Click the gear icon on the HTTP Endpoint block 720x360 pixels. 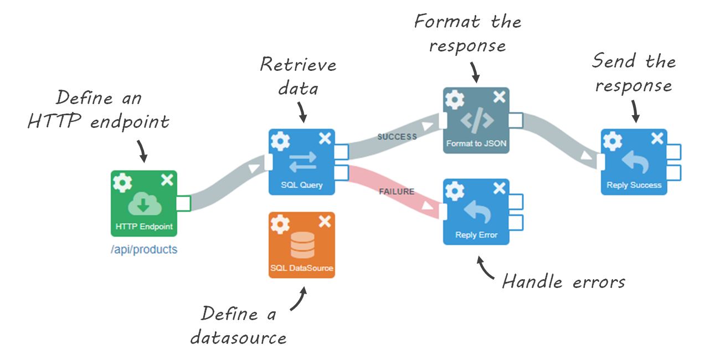pos(122,182)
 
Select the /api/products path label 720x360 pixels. pos(144,249)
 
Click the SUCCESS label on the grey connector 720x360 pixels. pos(397,136)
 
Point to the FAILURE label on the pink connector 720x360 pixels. pos(397,192)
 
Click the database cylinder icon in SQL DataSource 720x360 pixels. pos(302,245)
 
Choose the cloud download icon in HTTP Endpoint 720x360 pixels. pos(144,204)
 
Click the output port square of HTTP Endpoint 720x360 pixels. pos(183,203)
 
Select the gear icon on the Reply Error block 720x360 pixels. pos(455,191)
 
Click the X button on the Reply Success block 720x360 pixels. pos(657,139)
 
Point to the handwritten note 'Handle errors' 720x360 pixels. pos(563,282)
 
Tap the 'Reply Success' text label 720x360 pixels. pos(634,185)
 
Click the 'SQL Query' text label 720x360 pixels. pos(302,184)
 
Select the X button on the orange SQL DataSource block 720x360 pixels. pos(325,222)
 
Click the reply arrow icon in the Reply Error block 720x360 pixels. pos(476,212)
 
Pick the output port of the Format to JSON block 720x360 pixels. pos(516,120)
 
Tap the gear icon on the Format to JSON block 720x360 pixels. pos(455,99)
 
